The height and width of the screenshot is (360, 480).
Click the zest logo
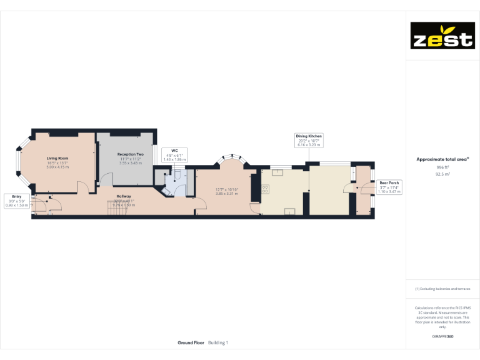coord(442,36)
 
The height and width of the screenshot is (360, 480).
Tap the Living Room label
coord(56,159)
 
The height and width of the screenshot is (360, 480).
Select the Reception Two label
coord(130,154)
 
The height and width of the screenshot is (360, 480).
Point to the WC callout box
coord(174,155)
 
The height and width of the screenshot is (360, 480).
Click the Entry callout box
coord(16,201)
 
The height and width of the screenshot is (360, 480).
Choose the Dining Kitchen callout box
coord(309,139)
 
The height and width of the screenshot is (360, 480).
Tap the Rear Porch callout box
coord(389,187)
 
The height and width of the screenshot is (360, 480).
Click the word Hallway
coord(124,196)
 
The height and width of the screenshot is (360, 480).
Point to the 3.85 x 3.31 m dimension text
coord(228,194)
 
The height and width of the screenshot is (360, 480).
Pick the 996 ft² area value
coord(442,167)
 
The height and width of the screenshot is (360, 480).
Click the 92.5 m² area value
coord(442,174)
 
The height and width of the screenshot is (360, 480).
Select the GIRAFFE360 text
coord(442,337)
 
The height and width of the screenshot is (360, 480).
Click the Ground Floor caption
coord(191,342)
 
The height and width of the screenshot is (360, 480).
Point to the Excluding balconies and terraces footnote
coord(442,289)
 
